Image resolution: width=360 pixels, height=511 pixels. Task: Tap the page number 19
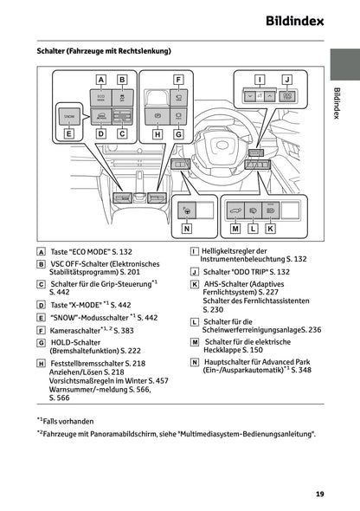click(x=319, y=494)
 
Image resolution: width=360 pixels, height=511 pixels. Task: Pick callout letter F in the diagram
click(x=178, y=80)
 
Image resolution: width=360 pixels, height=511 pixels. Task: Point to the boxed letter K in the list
click(x=195, y=283)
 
